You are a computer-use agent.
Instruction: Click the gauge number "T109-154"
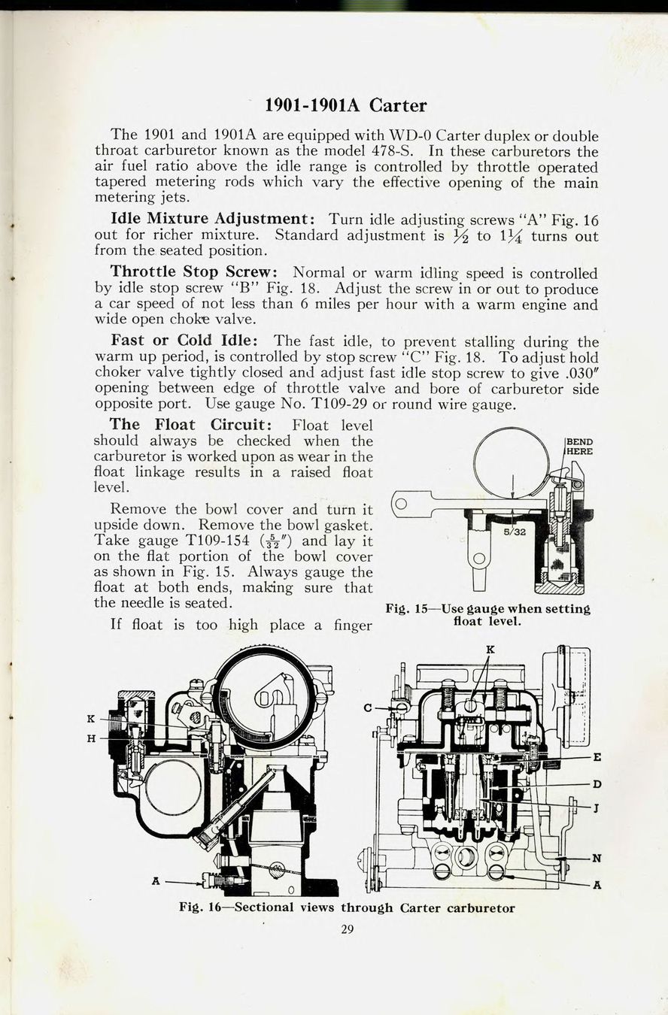(x=210, y=541)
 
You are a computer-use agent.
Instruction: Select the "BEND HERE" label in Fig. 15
(x=578, y=447)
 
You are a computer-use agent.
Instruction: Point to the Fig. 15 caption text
(x=487, y=616)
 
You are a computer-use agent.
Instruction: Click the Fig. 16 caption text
(x=347, y=907)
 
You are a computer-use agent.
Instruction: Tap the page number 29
(x=347, y=929)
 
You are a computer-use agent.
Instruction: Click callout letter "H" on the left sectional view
(x=91, y=739)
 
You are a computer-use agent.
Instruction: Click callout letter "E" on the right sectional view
(x=597, y=757)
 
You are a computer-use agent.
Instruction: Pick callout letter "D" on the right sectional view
(x=597, y=784)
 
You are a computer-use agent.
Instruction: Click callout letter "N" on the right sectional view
(x=597, y=859)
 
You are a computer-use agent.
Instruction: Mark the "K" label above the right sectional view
(x=490, y=649)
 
